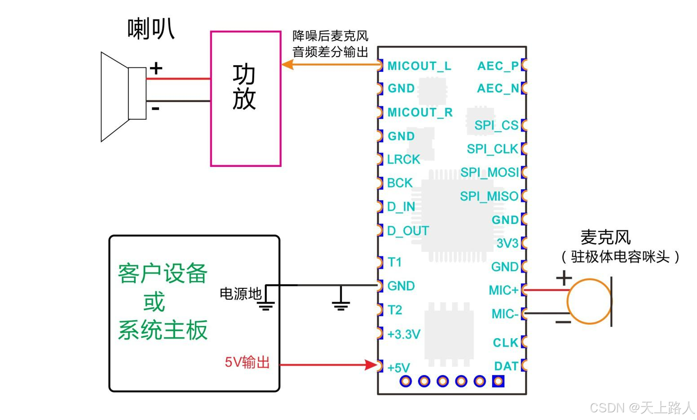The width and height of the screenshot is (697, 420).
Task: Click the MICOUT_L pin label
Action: point(419,66)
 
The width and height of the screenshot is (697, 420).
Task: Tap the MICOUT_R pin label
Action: point(420,112)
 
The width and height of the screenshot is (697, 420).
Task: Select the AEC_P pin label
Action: point(498,66)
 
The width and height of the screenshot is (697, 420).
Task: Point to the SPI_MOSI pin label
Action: point(490,172)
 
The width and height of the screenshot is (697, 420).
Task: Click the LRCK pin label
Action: point(403,160)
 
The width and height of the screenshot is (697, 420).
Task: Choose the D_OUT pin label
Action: point(408,231)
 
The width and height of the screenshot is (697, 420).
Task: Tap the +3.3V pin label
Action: point(404,334)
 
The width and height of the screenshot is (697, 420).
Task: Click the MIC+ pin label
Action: point(503,290)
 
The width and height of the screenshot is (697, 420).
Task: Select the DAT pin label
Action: point(506,366)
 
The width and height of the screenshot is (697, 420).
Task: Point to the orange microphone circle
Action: point(568,302)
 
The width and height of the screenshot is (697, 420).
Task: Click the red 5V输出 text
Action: point(247,362)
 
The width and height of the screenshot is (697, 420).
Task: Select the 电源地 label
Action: point(241,294)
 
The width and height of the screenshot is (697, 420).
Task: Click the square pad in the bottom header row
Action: point(498,381)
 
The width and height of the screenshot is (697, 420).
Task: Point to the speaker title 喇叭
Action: point(151,29)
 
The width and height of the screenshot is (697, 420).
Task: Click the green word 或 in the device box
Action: point(154,302)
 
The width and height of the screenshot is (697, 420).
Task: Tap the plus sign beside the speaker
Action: point(156,68)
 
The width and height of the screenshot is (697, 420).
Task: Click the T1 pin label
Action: point(395,262)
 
